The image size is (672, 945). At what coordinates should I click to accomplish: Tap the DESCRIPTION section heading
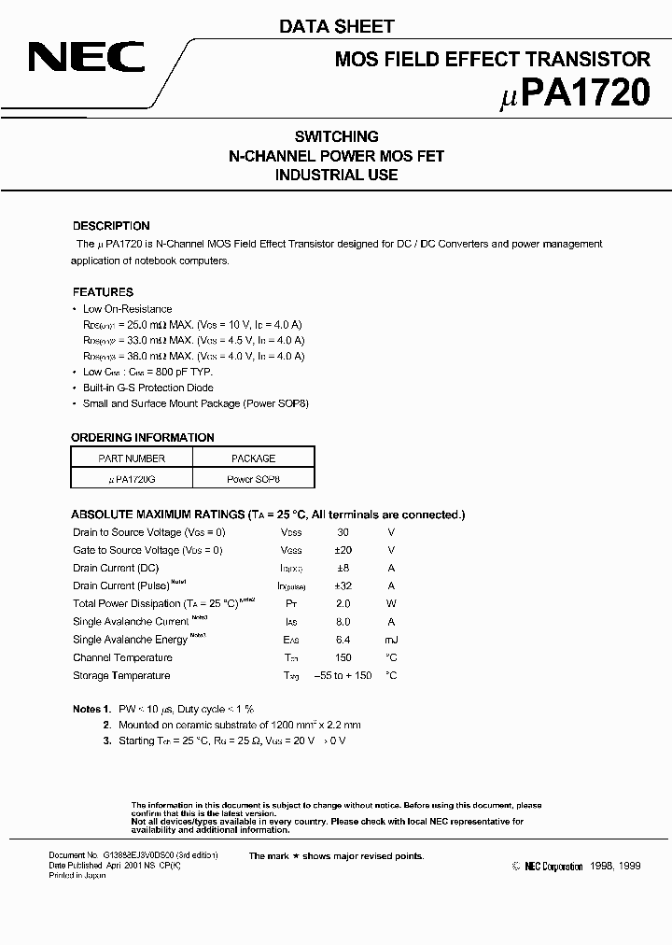coord(111,226)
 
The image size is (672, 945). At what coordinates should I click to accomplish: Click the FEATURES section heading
coord(103,292)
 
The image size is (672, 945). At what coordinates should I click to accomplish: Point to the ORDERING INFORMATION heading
coord(143,437)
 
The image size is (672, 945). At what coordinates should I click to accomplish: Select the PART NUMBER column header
coord(132,458)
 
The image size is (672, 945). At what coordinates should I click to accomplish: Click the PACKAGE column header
coord(253,458)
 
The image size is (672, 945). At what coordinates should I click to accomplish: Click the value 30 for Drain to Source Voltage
coord(343,532)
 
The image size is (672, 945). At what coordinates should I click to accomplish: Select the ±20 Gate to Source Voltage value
coord(343,550)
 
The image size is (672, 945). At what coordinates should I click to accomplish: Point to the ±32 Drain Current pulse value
coord(343,585)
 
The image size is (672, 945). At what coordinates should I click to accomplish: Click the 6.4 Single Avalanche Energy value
coord(343,640)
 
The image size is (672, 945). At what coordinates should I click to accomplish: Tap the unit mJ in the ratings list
coord(391,640)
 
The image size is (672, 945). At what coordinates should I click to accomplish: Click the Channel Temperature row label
coord(122,657)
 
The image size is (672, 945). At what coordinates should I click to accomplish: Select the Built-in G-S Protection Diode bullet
coord(147,388)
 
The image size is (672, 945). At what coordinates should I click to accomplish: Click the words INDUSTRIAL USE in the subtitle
coord(336,175)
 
